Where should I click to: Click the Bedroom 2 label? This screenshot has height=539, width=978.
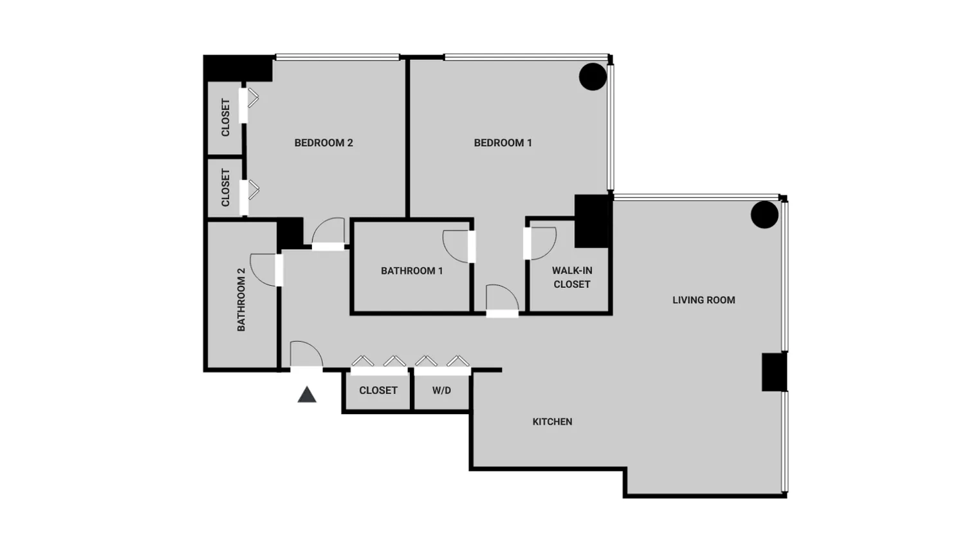pos(324,143)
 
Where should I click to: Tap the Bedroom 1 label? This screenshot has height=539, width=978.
pos(503,143)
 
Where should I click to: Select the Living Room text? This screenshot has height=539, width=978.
pos(703,300)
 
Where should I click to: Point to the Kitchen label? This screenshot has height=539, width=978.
pos(552,422)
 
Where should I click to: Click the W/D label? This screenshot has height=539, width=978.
pos(441,390)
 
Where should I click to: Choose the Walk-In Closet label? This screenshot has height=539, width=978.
pos(572,278)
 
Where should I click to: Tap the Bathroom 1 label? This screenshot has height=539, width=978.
pos(412,271)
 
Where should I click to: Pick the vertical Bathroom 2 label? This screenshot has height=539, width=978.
pos(241,299)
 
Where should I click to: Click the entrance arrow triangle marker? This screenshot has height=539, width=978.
pos(307,395)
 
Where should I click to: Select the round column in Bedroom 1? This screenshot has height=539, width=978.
pos(593,77)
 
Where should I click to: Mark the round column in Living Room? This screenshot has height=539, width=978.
pos(764,215)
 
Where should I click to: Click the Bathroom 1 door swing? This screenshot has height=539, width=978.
pos(457,246)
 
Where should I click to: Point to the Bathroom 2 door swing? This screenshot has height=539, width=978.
pos(264,269)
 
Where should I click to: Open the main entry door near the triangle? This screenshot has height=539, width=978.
pos(306,355)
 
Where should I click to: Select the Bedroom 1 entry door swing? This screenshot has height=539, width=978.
pos(502,299)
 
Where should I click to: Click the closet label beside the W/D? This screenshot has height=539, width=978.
pos(378,390)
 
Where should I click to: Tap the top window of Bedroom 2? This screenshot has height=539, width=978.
pos(337,57)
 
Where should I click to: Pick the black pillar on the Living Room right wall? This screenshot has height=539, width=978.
pos(774,372)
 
